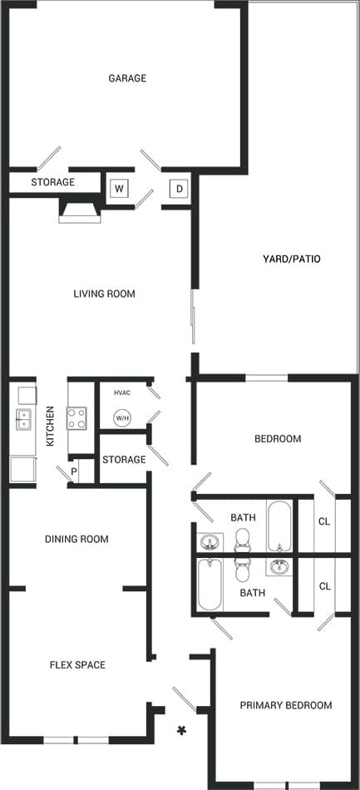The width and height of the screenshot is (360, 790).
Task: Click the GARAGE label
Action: (127, 78)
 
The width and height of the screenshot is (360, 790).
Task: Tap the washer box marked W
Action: (119, 188)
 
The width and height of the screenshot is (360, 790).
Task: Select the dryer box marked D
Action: (179, 188)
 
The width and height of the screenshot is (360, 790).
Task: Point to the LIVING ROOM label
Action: (104, 294)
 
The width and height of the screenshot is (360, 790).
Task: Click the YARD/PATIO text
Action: (286, 259)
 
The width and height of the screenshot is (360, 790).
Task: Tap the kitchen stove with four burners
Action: (76, 417)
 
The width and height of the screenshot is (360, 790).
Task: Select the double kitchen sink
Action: (22, 418)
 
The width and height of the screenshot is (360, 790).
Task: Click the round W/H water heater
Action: (122, 417)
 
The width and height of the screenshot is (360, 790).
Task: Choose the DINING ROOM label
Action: (76, 539)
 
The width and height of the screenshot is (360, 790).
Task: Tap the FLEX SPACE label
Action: (77, 664)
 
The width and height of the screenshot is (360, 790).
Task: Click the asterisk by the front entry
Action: (180, 731)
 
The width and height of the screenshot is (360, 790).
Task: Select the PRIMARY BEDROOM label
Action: (286, 705)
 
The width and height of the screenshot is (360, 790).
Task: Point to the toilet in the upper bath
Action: (243, 541)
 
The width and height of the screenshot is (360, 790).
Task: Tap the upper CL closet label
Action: (325, 521)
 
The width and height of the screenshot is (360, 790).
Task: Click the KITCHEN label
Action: (51, 426)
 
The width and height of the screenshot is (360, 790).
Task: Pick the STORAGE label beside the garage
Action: (53, 182)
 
